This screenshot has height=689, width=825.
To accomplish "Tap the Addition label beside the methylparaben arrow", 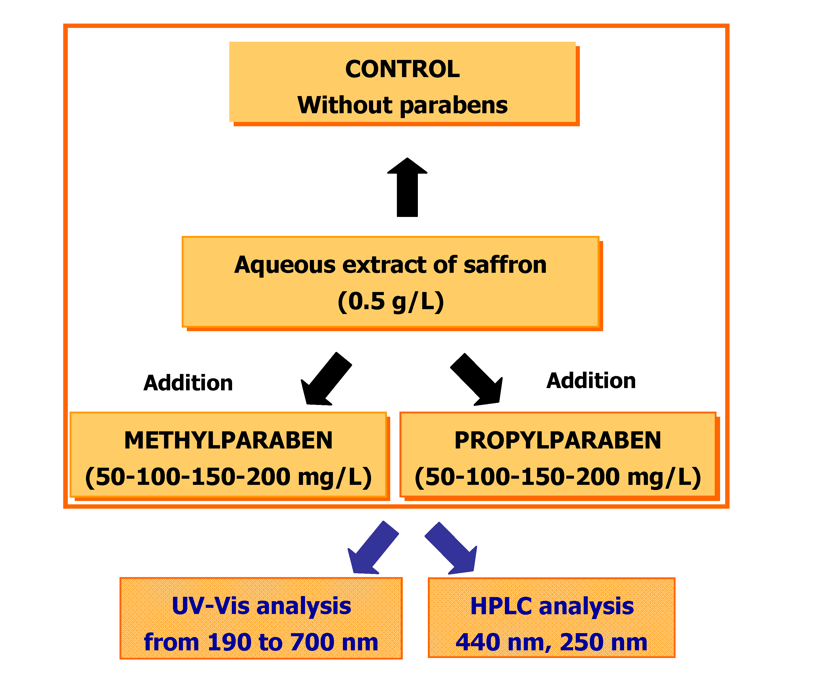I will click(x=188, y=383).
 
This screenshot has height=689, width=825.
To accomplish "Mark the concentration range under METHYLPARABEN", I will click(x=228, y=477).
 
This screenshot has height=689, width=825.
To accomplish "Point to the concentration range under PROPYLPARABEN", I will click(x=558, y=477).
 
